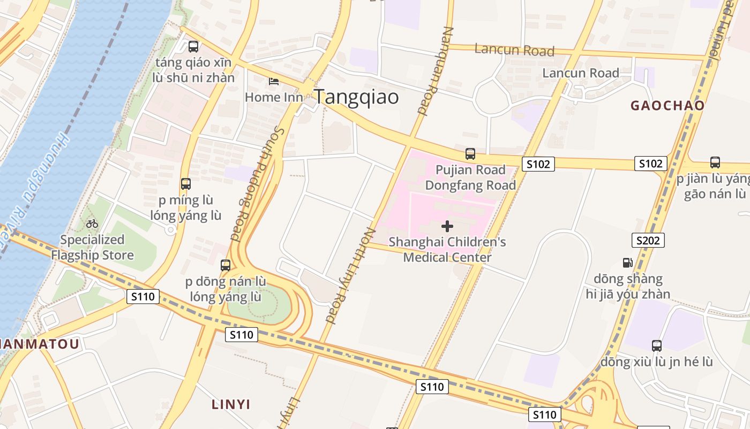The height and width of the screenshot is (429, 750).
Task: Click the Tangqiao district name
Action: [356, 97]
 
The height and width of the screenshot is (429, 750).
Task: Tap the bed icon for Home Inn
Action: [274, 82]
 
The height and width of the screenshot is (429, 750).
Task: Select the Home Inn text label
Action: [274, 97]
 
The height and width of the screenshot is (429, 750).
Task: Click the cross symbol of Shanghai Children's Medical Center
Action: [447, 226]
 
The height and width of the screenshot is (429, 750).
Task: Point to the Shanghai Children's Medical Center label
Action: [447, 250]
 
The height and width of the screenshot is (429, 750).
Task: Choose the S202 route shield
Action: [648, 240]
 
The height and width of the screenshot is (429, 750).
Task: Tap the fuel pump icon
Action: [627, 263]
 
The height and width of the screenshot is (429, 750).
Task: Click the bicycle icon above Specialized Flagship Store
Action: [92, 224]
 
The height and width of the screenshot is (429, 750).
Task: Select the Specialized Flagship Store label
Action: [92, 247]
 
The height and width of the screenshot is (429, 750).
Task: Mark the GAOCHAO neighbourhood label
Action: [667, 106]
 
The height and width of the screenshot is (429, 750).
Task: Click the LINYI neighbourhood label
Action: [231, 404]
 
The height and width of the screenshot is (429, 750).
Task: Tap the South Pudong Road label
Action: [256, 183]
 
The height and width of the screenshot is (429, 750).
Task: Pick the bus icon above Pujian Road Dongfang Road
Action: [470, 154]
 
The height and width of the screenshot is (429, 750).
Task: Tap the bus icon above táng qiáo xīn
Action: [193, 47]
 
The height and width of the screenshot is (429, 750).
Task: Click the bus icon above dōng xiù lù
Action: [657, 346]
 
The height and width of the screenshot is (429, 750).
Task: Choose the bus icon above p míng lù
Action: [186, 184]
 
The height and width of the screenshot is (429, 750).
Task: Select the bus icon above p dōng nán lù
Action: [226, 265]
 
